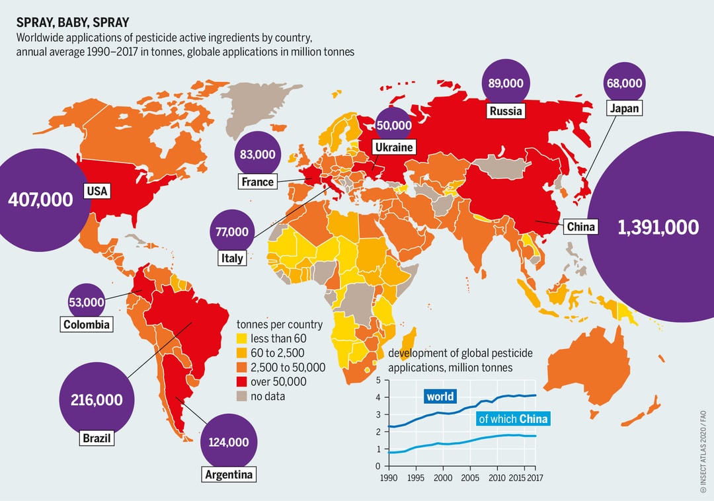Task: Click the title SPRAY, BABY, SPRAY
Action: (x=73, y=22)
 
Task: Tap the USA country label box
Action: (x=97, y=192)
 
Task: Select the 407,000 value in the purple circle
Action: (x=40, y=200)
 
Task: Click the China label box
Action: (x=581, y=227)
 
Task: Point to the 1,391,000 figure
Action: (x=658, y=227)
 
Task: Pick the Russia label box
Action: (x=506, y=111)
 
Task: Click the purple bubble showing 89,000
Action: (x=506, y=83)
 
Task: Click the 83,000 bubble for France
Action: (x=257, y=155)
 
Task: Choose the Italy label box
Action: (x=231, y=258)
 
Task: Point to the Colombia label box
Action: (x=86, y=325)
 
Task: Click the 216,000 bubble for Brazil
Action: (x=97, y=399)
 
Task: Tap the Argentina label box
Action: (x=228, y=474)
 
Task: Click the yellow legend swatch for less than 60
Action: (x=243, y=338)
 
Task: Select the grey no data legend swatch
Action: (x=243, y=396)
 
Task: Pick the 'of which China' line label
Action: (x=513, y=419)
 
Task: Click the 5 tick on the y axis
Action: (x=377, y=381)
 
